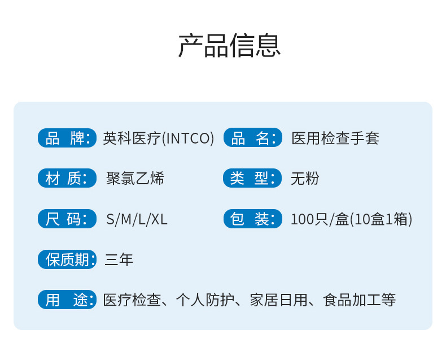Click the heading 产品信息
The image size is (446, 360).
point(229,46)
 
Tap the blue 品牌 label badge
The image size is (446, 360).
point(67,138)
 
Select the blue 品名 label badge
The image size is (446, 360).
point(253,138)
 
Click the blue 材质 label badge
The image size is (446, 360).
point(67,178)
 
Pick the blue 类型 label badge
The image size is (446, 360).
point(252,178)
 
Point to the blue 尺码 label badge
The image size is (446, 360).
point(67,219)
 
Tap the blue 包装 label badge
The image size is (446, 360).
point(253,219)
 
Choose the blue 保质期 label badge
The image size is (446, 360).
point(67,259)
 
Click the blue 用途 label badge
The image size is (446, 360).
point(67,300)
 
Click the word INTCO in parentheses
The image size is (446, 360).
point(188,138)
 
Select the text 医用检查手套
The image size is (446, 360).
point(335,138)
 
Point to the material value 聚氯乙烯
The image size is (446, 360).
point(135,179)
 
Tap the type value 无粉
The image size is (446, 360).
point(305,179)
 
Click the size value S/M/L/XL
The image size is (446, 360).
point(137,220)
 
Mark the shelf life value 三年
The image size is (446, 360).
point(119,260)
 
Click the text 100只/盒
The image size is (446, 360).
point(320,219)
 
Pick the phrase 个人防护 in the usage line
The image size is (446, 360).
point(205,300)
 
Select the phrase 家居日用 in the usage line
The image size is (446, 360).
point(279,300)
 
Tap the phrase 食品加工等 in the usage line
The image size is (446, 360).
point(360,300)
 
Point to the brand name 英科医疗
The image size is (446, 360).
point(132,138)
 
